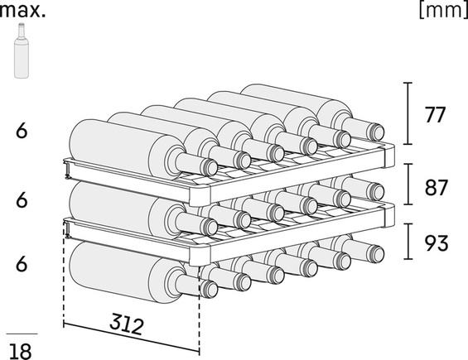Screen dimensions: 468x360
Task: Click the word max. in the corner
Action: pyautogui.click(x=22, y=11)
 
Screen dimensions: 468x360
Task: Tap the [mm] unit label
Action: pyautogui.click(x=443, y=11)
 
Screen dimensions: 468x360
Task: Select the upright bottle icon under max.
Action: pyautogui.click(x=22, y=51)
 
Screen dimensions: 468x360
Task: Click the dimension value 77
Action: pyautogui.click(x=435, y=115)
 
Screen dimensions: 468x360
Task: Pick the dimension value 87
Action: pyautogui.click(x=436, y=188)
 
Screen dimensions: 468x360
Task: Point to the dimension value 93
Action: pyautogui.click(x=436, y=243)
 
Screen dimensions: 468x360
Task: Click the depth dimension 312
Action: pyautogui.click(x=127, y=324)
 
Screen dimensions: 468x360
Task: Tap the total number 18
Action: pyautogui.click(x=21, y=352)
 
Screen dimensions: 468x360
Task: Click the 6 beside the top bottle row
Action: pyautogui.click(x=22, y=131)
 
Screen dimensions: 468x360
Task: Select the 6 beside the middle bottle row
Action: pyautogui.click(x=22, y=199)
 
